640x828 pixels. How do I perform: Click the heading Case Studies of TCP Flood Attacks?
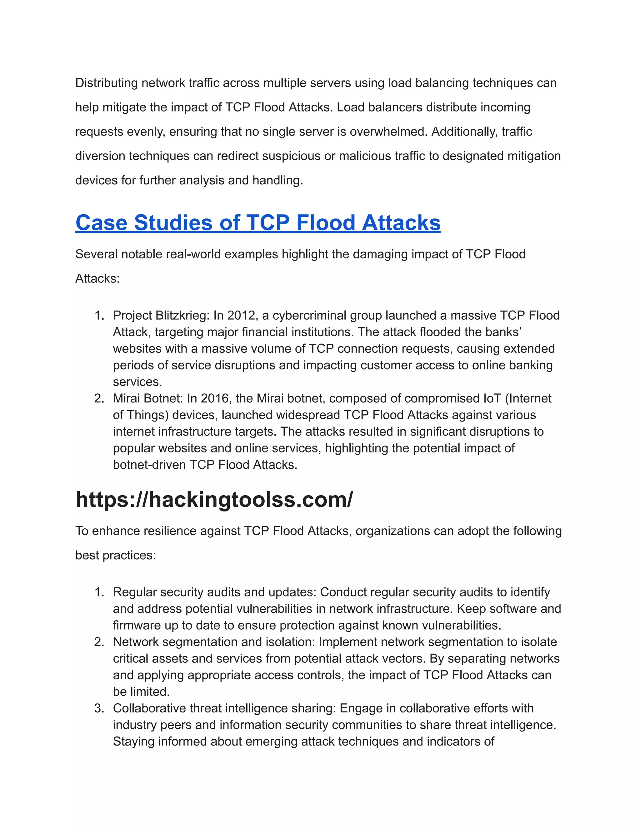click(x=258, y=222)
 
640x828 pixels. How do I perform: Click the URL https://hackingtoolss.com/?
click(x=214, y=499)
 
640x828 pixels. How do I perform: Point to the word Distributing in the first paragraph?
click(x=107, y=83)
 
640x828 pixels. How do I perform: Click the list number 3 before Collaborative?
click(x=99, y=708)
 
